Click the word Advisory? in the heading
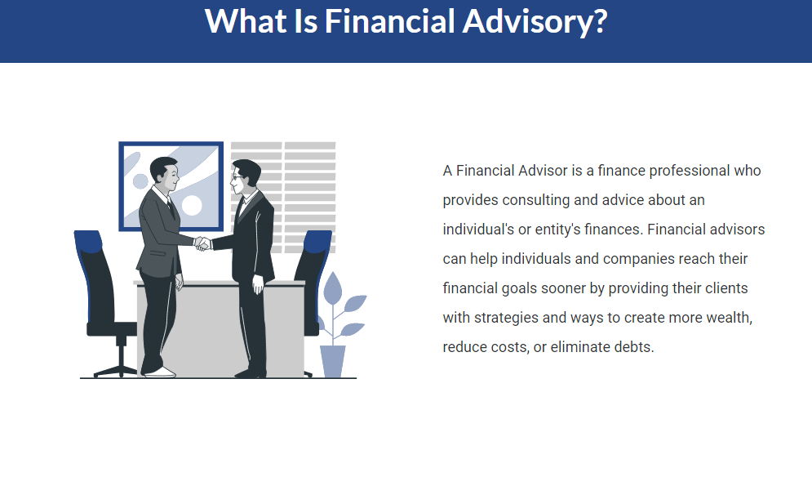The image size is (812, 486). click(x=535, y=22)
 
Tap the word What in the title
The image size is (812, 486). click(x=246, y=21)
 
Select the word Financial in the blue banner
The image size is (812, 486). click(x=389, y=21)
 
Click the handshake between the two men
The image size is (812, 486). click(x=202, y=243)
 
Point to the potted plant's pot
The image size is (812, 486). click(x=332, y=361)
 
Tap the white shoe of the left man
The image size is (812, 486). click(x=161, y=372)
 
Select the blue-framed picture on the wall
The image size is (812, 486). click(x=171, y=186)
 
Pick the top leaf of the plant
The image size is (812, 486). click(x=332, y=288)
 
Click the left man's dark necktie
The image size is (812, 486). click(x=171, y=209)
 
